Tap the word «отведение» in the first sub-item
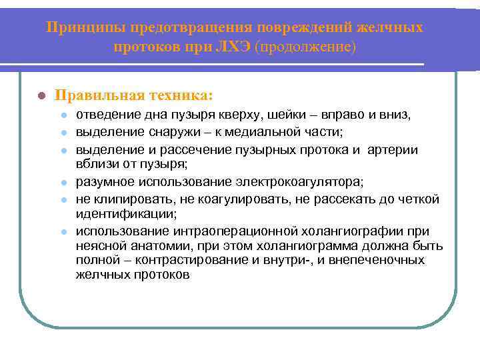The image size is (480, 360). pos(105,115)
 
